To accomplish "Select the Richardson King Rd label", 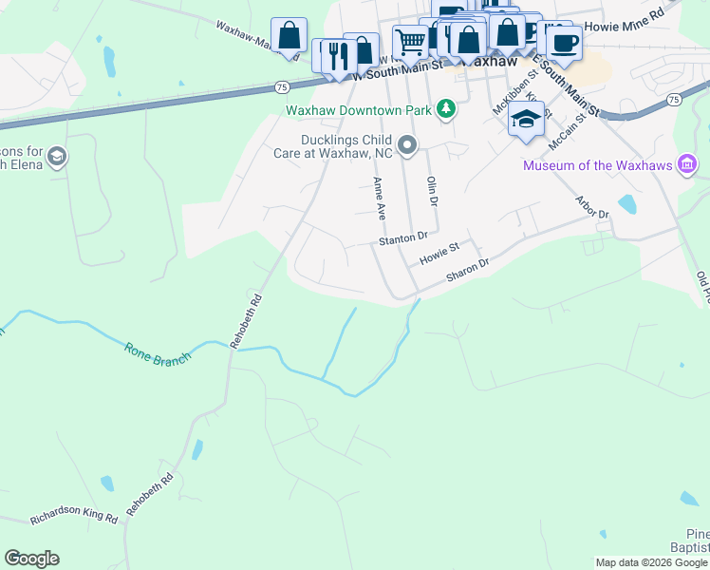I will [x=73, y=519].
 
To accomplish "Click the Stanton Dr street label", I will [x=403, y=238].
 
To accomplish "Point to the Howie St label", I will [x=439, y=253].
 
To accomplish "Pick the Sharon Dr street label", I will [x=467, y=270].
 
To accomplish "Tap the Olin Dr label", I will [x=432, y=191].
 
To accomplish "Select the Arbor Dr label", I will [x=592, y=207].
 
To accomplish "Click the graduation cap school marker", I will [x=526, y=119].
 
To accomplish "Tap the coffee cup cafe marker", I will [x=564, y=42].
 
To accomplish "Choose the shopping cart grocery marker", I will [x=410, y=41].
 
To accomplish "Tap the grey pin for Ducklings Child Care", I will [x=408, y=145].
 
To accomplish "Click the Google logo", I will [x=31, y=559].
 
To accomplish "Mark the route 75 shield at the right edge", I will [x=673, y=100].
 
